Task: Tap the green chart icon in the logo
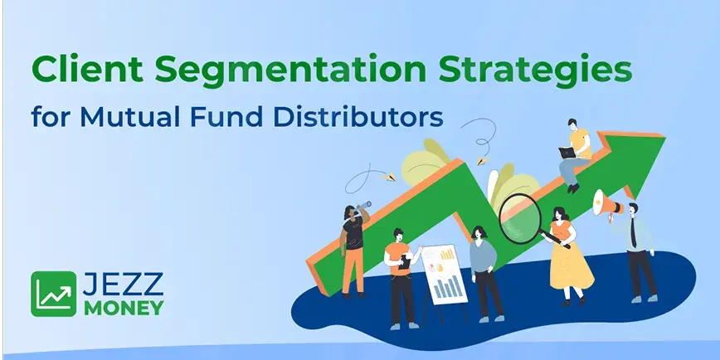pyautogui.click(x=53, y=294)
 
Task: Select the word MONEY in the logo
pyautogui.click(x=123, y=307)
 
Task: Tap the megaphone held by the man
pyautogui.click(x=605, y=203)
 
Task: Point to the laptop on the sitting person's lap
pyautogui.click(x=568, y=153)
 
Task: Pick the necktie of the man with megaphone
pyautogui.click(x=635, y=236)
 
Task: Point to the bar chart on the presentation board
pyautogui.click(x=448, y=287)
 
